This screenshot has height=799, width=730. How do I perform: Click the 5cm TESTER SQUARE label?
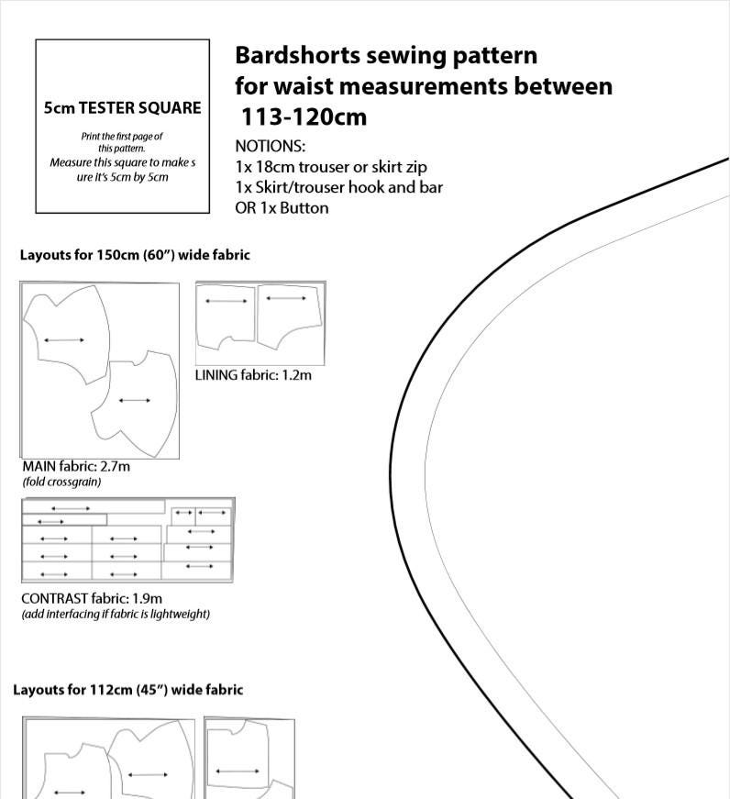pyautogui.click(x=122, y=107)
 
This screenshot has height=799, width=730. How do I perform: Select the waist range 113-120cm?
pyautogui.click(x=304, y=117)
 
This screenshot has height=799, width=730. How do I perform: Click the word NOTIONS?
pyautogui.click(x=270, y=146)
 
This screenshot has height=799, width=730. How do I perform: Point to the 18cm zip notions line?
pyautogui.click(x=330, y=167)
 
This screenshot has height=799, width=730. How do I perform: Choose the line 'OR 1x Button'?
pyautogui.click(x=282, y=207)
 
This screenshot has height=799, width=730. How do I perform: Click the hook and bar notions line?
pyautogui.click(x=338, y=187)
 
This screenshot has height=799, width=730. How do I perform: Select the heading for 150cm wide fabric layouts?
pyautogui.click(x=135, y=254)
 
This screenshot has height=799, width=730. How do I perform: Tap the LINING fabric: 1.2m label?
pyautogui.click(x=253, y=374)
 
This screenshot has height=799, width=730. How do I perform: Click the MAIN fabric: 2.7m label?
pyautogui.click(x=76, y=466)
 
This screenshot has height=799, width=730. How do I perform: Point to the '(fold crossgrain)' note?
pyautogui.click(x=61, y=482)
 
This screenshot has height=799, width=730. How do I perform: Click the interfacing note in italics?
pyautogui.click(x=116, y=614)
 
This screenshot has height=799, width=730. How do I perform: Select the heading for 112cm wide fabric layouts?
pyautogui.click(x=127, y=689)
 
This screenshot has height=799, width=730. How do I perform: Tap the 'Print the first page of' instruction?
pyautogui.click(x=122, y=136)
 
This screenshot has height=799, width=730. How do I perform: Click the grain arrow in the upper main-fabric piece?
pyautogui.click(x=64, y=340)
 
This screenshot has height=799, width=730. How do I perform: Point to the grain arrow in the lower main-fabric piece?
pyautogui.click(x=135, y=401)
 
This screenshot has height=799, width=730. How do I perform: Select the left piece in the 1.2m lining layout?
pyautogui.click(x=227, y=316)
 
